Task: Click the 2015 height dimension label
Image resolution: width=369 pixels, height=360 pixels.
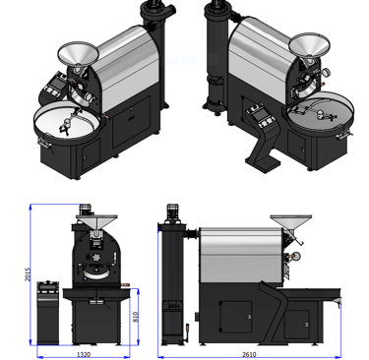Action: (x=28, y=274)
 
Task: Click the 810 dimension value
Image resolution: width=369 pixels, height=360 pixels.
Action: (x=135, y=317)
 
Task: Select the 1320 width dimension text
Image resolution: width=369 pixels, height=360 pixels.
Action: (x=84, y=354)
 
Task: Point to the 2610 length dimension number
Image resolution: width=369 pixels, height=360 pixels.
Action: (x=249, y=354)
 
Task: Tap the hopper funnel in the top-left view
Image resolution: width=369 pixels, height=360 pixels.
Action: (x=78, y=54)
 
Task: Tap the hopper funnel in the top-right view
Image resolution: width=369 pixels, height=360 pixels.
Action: (x=309, y=45)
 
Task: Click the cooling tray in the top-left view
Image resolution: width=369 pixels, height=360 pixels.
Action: (x=67, y=122)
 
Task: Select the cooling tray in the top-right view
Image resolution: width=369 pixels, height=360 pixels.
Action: (x=321, y=113)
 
